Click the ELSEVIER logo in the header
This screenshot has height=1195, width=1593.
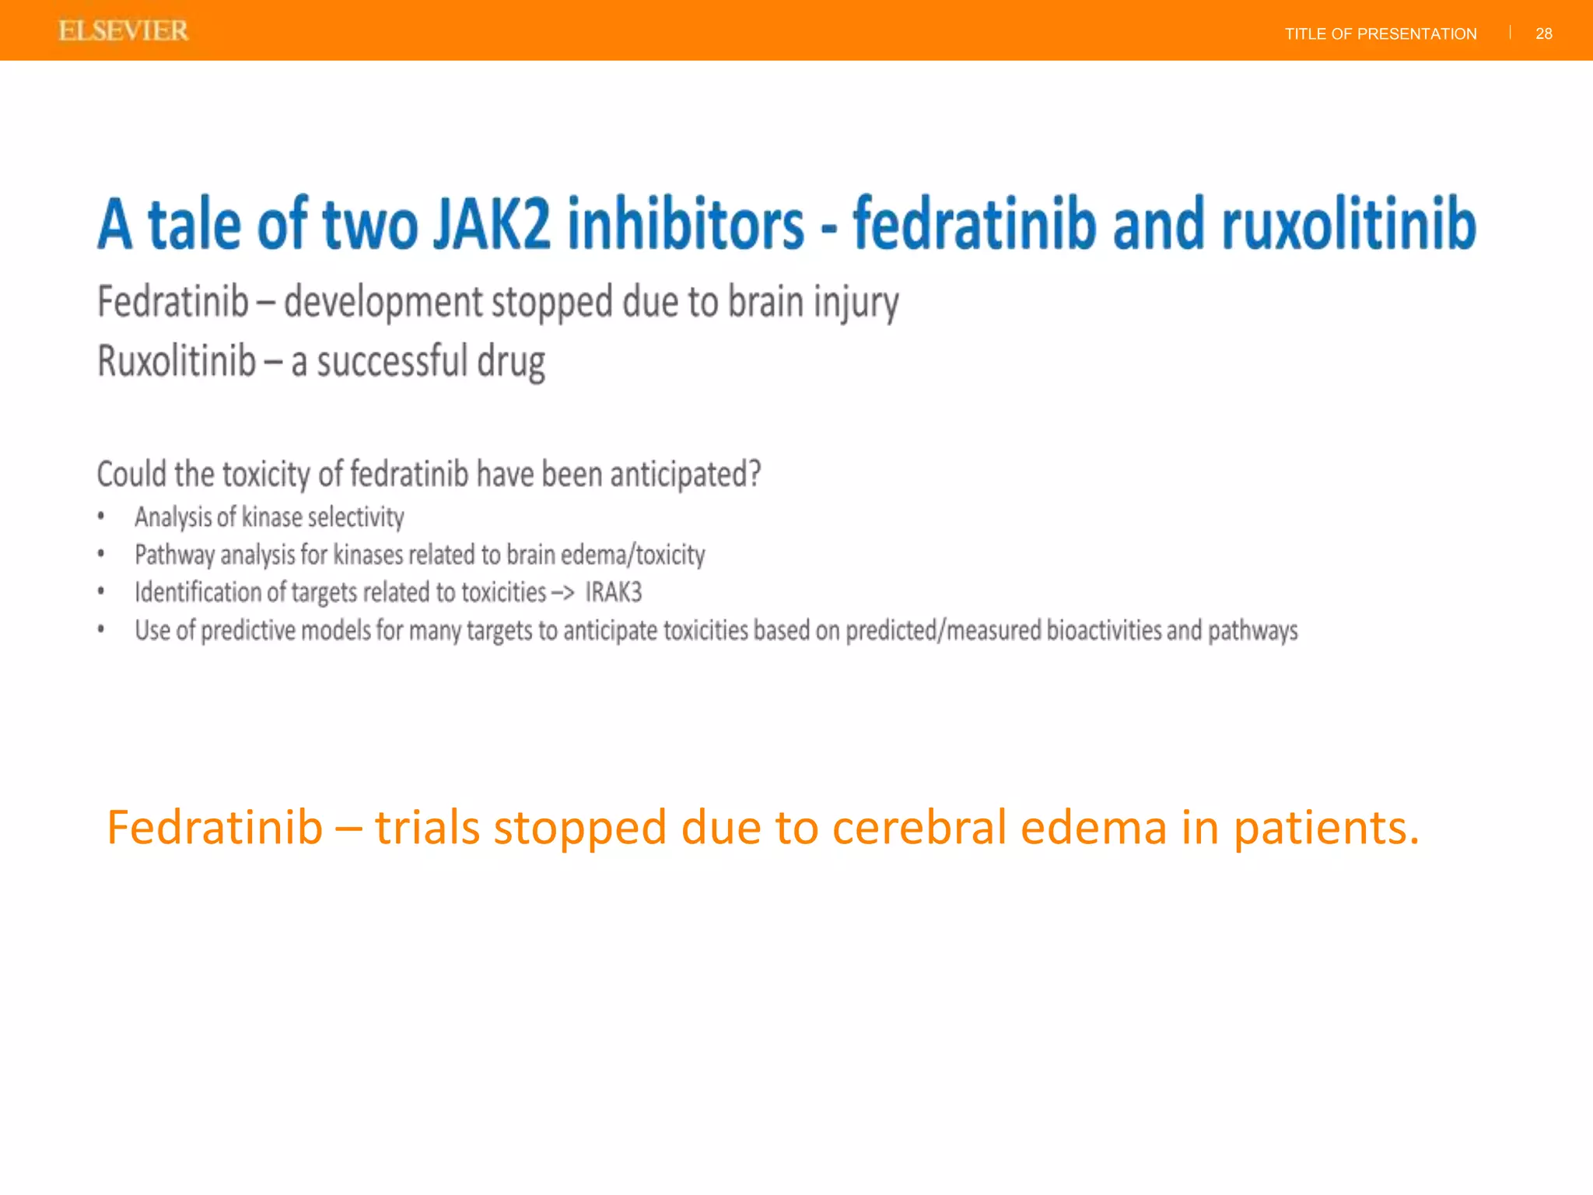click(123, 31)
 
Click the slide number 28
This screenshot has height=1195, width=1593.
click(1543, 33)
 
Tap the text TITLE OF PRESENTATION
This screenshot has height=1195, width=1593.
click(1380, 33)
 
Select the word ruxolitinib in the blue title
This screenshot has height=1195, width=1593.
click(1349, 225)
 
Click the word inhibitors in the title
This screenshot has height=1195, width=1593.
click(684, 225)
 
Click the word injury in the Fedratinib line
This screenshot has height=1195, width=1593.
click(856, 303)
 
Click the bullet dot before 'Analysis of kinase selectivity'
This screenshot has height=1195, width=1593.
click(101, 516)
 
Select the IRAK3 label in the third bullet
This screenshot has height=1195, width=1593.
click(613, 593)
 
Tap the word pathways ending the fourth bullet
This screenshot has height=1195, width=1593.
click(1252, 631)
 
